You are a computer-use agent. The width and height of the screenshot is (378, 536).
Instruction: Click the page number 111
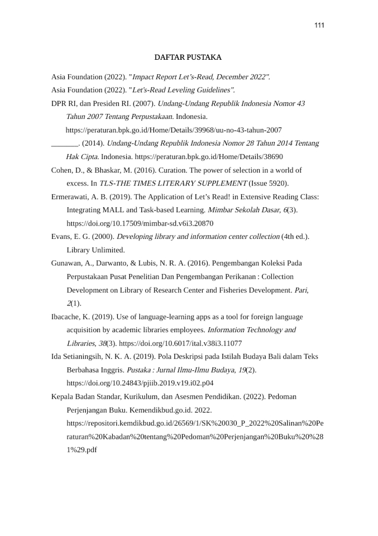tap(319, 25)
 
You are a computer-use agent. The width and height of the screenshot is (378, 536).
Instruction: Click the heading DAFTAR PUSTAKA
tap(188, 58)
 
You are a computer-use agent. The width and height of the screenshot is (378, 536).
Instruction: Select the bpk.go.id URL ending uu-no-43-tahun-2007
tap(174, 130)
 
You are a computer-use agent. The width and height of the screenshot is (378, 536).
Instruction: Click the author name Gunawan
tap(67, 264)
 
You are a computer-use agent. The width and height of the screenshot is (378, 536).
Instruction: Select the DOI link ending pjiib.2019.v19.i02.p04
tap(140, 384)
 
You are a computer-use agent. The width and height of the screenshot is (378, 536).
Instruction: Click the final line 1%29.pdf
tap(82, 450)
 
